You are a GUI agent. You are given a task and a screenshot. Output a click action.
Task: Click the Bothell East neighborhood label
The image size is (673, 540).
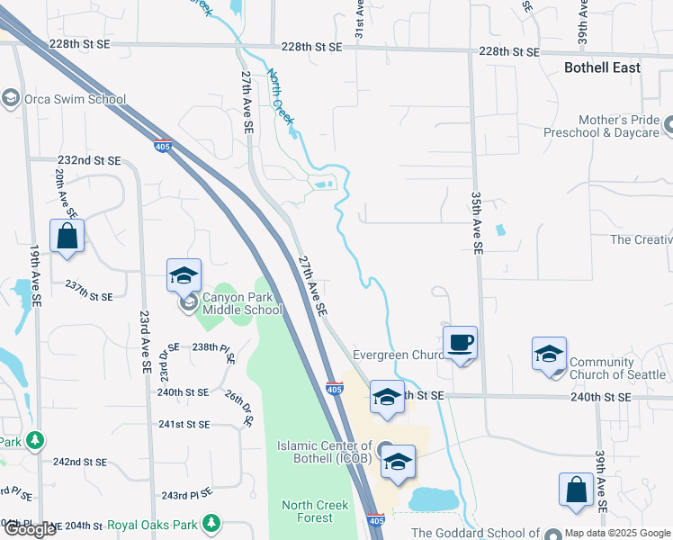click(602, 67)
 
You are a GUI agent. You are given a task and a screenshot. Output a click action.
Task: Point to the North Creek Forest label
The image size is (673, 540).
click(315, 511)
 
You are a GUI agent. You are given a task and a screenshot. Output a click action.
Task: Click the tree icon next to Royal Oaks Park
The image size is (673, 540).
click(211, 522)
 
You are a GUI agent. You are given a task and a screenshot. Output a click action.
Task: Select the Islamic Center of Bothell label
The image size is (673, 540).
click(324, 452)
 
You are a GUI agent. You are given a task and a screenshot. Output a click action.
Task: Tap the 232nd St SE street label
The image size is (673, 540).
click(88, 160)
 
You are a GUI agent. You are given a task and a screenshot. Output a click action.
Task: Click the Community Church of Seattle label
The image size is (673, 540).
click(617, 369)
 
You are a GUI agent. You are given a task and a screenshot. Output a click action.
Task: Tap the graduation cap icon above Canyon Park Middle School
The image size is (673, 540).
click(184, 275)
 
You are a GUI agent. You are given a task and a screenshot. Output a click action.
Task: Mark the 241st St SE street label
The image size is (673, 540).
click(184, 424)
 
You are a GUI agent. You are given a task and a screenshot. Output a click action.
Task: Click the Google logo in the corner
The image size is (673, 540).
click(30, 529)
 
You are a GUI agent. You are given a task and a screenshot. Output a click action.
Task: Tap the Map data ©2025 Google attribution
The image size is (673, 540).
click(618, 533)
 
